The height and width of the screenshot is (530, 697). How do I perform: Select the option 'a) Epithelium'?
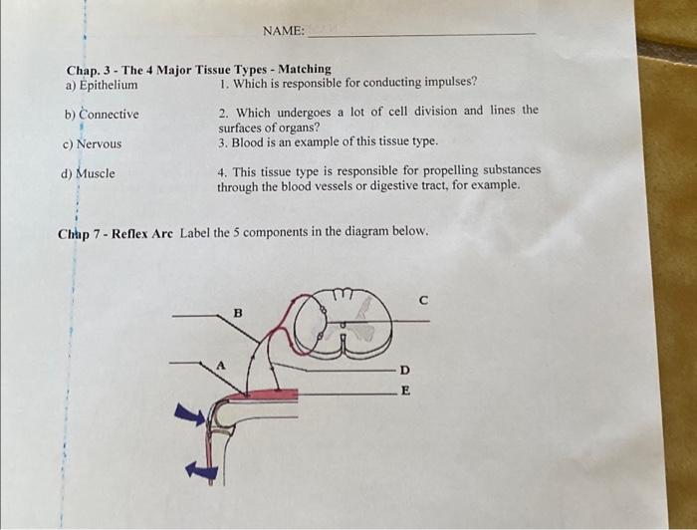tap(102, 85)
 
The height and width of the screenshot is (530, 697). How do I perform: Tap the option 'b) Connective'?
tap(102, 115)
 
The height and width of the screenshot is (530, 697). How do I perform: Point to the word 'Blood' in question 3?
tap(248, 141)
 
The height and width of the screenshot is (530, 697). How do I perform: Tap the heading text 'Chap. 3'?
tap(88, 70)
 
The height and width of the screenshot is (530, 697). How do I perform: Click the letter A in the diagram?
tap(223, 365)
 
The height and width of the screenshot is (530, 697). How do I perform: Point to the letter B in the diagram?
tap(237, 313)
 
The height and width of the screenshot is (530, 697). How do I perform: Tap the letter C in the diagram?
tap(422, 298)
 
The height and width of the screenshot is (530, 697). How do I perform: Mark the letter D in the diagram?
tap(404, 370)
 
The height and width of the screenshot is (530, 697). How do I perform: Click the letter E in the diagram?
tap(404, 392)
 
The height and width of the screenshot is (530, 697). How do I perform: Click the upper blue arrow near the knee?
tap(189, 413)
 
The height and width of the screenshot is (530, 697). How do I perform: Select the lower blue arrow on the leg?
tap(201, 470)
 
